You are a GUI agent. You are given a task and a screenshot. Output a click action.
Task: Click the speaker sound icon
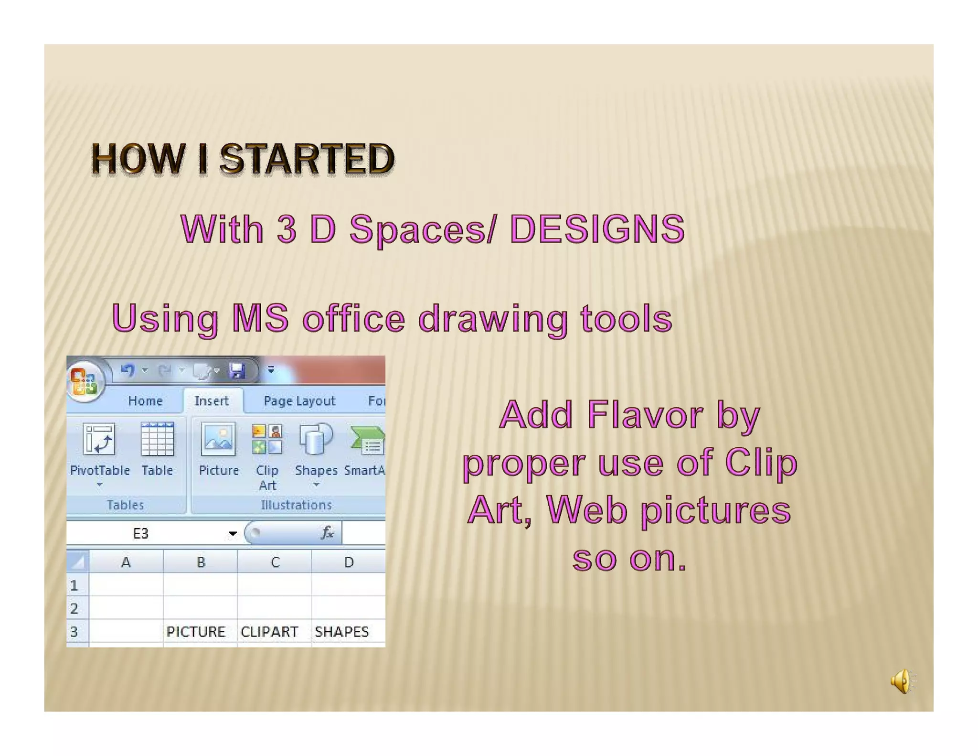(902, 680)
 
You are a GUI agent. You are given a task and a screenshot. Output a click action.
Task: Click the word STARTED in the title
(307, 159)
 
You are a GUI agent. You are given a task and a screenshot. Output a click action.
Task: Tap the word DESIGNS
(597, 229)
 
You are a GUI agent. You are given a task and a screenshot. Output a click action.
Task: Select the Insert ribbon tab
(212, 401)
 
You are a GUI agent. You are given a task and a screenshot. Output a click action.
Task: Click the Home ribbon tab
(145, 401)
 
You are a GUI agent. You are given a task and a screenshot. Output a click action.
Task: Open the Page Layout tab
(299, 401)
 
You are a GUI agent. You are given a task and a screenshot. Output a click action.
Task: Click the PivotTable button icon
(99, 439)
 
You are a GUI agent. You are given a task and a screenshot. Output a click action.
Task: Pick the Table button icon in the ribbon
(157, 439)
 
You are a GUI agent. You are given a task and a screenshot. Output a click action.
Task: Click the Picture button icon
(218, 439)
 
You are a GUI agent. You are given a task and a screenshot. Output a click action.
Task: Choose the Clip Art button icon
(267, 439)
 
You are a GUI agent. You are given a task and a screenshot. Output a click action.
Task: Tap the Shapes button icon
(316, 439)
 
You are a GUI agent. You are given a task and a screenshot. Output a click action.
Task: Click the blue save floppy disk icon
(237, 370)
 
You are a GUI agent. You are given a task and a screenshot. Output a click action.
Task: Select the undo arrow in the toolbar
(128, 370)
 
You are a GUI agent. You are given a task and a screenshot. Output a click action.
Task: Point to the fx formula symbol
(327, 533)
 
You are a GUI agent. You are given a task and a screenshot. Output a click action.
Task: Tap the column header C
(275, 562)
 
